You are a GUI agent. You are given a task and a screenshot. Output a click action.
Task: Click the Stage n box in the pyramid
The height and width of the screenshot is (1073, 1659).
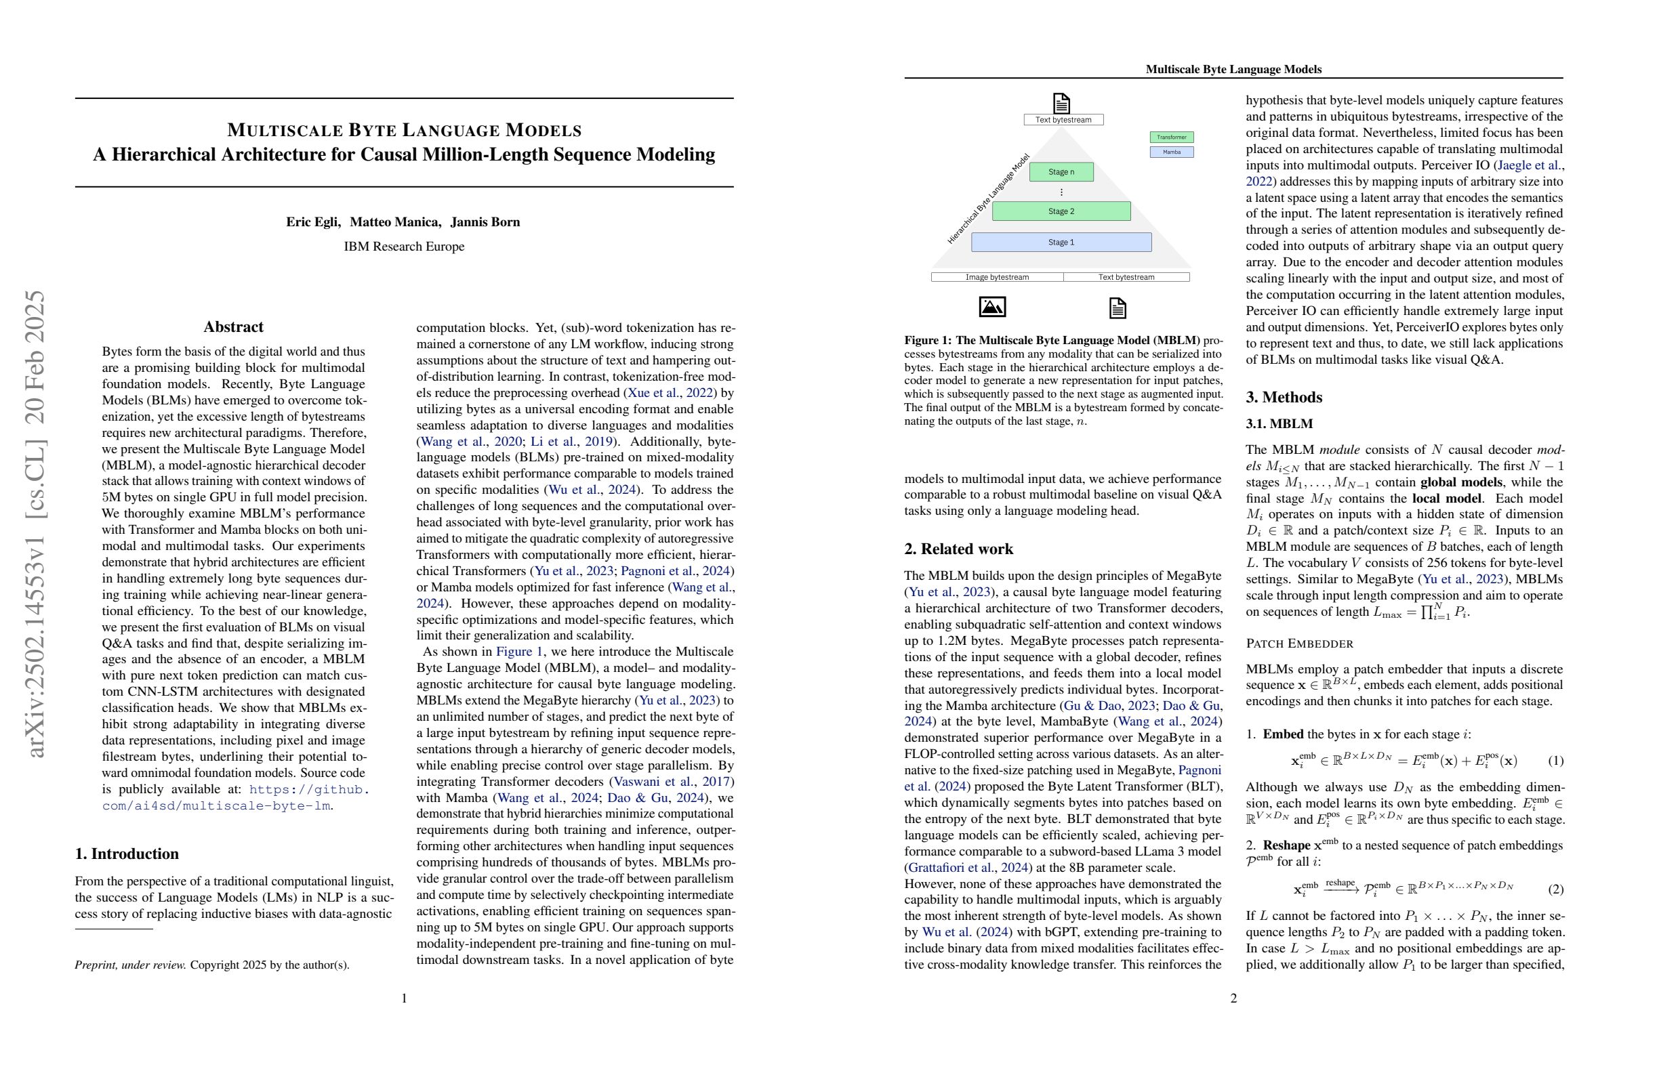(1061, 172)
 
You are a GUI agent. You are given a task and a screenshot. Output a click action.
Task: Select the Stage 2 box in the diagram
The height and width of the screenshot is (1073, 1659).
(1061, 211)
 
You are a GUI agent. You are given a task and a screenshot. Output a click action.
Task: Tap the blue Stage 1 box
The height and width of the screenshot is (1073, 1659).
(1061, 243)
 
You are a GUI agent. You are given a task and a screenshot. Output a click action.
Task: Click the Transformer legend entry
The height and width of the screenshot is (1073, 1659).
(1171, 138)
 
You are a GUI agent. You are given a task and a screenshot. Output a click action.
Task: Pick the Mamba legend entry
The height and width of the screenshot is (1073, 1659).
(1171, 152)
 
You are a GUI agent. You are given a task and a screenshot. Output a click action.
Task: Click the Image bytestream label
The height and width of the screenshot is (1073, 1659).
(997, 277)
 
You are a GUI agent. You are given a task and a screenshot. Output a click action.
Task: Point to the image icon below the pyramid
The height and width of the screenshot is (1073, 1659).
(992, 307)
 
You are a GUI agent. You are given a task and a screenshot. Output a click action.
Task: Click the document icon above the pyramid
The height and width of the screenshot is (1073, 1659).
(1061, 103)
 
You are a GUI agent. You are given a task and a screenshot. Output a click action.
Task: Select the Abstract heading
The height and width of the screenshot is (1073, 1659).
(233, 327)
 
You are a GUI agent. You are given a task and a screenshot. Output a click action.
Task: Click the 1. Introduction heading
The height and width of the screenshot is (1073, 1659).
(127, 854)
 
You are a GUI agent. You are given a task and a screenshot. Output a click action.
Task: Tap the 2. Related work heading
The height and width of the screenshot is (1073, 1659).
(958, 549)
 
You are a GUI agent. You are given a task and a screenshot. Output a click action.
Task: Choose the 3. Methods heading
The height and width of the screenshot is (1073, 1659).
(1284, 397)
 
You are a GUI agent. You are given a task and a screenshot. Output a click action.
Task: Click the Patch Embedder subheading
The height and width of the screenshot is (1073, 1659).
(1299, 643)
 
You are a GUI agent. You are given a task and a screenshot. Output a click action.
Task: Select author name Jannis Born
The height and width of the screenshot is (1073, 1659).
(485, 222)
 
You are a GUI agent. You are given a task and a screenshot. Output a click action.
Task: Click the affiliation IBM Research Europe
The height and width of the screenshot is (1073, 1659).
(404, 247)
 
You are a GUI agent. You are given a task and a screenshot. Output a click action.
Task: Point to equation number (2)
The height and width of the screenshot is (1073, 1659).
(1555, 889)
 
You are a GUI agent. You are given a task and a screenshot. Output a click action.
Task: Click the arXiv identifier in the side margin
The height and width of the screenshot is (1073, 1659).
(35, 522)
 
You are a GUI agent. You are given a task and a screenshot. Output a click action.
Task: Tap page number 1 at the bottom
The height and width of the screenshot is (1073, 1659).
(404, 998)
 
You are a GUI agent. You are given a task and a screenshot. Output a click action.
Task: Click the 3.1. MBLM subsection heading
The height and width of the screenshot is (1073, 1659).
(1279, 423)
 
